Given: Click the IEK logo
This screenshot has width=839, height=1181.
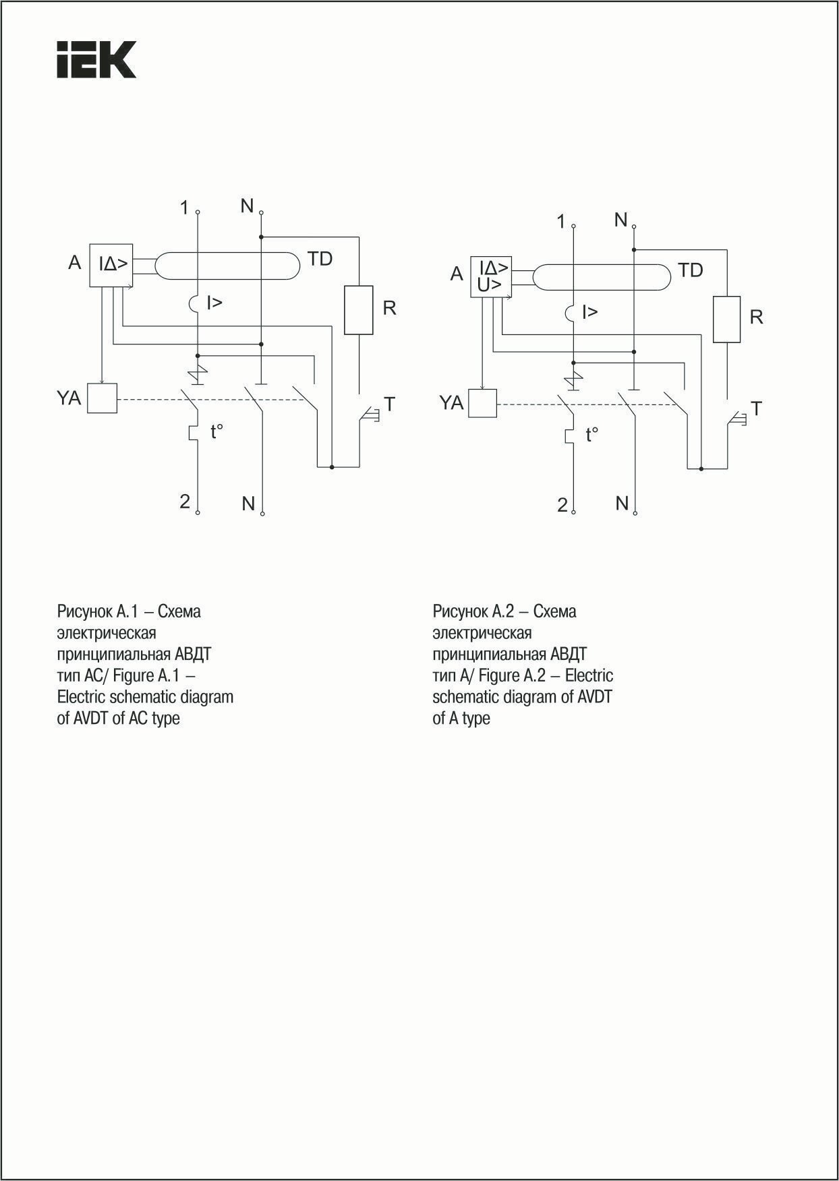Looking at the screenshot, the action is [96, 59].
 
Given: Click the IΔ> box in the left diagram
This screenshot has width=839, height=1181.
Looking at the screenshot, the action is [111, 264].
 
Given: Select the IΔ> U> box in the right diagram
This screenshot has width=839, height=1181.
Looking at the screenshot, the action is [490, 277].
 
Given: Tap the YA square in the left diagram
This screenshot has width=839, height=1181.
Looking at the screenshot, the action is [103, 398].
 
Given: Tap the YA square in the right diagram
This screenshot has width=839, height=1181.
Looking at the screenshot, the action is [482, 403].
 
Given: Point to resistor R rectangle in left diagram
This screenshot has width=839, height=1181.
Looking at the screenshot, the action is [358, 309].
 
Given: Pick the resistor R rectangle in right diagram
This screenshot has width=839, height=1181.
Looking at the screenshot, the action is [726, 319].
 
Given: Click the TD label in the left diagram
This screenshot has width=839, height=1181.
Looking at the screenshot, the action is [320, 259].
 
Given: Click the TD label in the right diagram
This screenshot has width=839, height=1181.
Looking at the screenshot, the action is [690, 271].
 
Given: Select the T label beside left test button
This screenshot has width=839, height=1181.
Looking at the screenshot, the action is [389, 404].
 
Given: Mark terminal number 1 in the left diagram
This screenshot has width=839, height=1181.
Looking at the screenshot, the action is [184, 208].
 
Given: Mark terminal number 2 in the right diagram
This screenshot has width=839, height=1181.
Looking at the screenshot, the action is [562, 506].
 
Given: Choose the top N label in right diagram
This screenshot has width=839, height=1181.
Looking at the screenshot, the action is [621, 220].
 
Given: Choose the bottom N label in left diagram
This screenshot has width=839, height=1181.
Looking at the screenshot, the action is [248, 504].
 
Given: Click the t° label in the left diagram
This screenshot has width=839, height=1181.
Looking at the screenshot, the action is [216, 432].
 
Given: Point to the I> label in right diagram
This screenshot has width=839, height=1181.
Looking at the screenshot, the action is [589, 312].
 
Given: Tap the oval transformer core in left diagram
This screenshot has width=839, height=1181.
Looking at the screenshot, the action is [226, 266].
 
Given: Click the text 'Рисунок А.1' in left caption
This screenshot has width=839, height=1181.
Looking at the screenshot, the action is [97, 611].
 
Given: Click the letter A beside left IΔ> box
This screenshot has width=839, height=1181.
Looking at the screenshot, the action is [75, 262].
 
